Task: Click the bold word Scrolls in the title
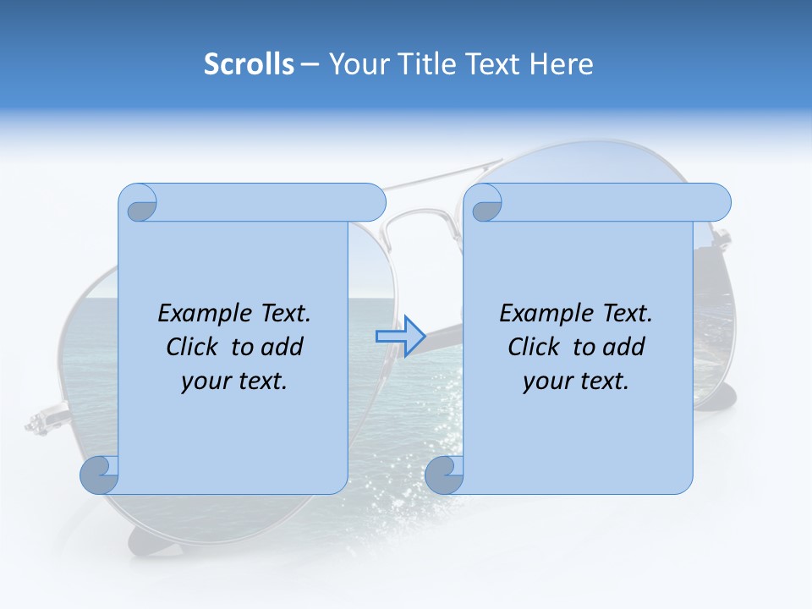click(249, 64)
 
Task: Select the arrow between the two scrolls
click(400, 337)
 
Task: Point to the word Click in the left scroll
click(195, 347)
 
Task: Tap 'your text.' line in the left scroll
click(234, 381)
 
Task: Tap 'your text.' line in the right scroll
click(576, 381)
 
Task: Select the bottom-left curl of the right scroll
click(444, 475)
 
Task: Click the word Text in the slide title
click(495, 64)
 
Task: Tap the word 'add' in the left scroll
click(282, 347)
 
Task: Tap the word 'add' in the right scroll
click(623, 347)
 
